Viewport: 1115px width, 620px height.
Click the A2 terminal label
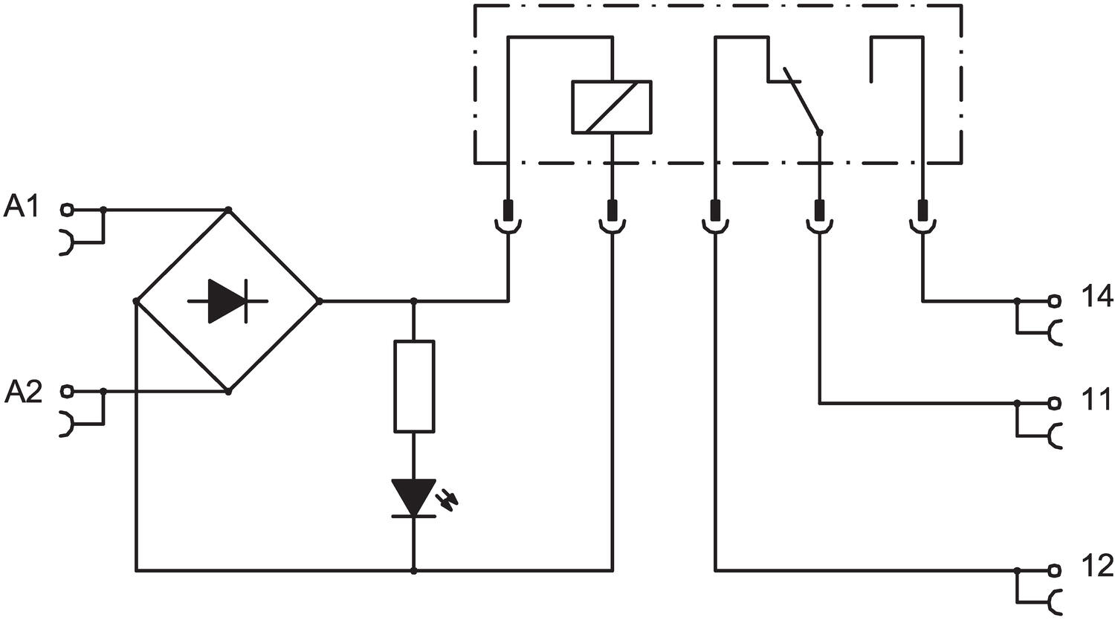click(x=23, y=391)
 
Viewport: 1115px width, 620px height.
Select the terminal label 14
click(x=1096, y=297)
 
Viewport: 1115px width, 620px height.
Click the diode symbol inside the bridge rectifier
click(x=228, y=301)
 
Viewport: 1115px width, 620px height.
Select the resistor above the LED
click(x=414, y=387)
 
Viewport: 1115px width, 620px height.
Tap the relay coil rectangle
click(x=611, y=107)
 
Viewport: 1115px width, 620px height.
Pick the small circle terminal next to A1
click(x=67, y=210)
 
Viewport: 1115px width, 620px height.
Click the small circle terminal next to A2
click(x=67, y=390)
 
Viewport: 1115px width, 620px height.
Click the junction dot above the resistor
click(x=414, y=301)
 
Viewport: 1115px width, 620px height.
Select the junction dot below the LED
click(x=414, y=571)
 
